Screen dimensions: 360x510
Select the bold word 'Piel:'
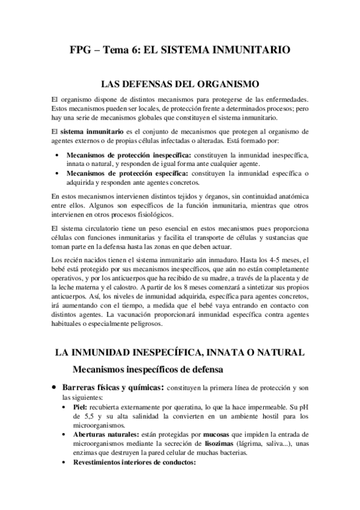(79, 407)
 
